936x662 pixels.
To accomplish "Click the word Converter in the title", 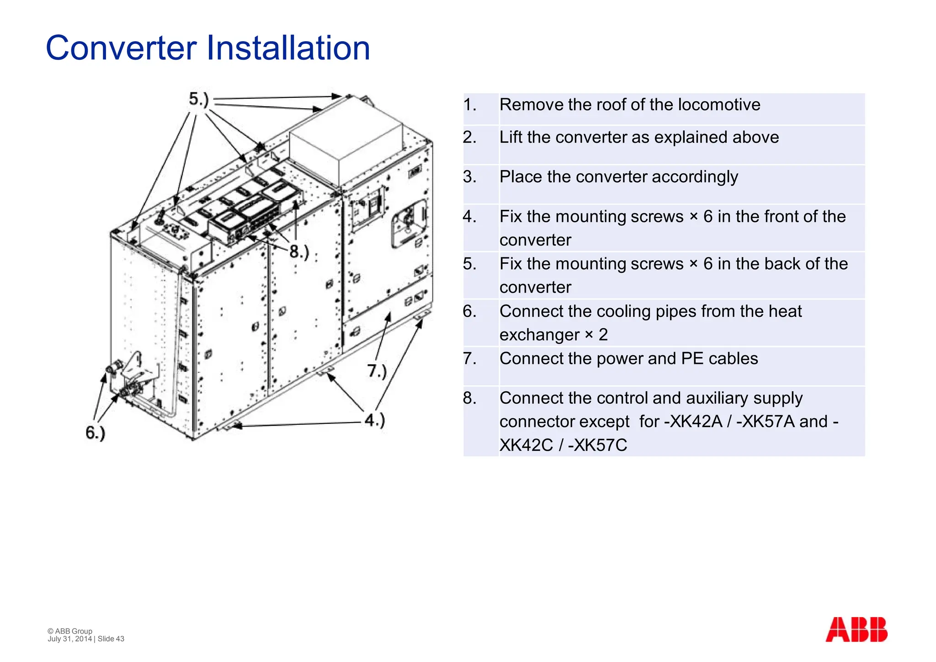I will point(121,48).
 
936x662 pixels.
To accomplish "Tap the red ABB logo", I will point(856,630).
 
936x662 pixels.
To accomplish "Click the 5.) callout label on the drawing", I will point(199,99).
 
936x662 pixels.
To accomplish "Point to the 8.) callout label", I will point(299,251).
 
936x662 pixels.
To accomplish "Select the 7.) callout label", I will point(377,370).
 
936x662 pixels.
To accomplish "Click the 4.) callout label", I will point(375,420).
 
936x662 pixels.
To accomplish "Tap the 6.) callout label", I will point(96,432).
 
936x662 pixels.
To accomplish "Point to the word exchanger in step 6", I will point(539,335).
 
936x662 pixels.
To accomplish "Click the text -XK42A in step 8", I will point(693,422).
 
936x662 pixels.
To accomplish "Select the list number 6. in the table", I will point(470,311).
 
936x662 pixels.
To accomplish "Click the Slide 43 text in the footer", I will point(111,639).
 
